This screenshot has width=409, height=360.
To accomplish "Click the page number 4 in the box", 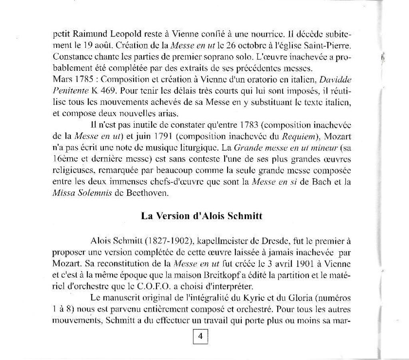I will [201, 336].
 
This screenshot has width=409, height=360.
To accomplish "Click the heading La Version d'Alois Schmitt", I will [202, 216].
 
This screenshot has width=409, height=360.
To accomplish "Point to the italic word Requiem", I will [296, 136].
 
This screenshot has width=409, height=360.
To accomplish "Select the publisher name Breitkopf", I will [221, 275].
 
